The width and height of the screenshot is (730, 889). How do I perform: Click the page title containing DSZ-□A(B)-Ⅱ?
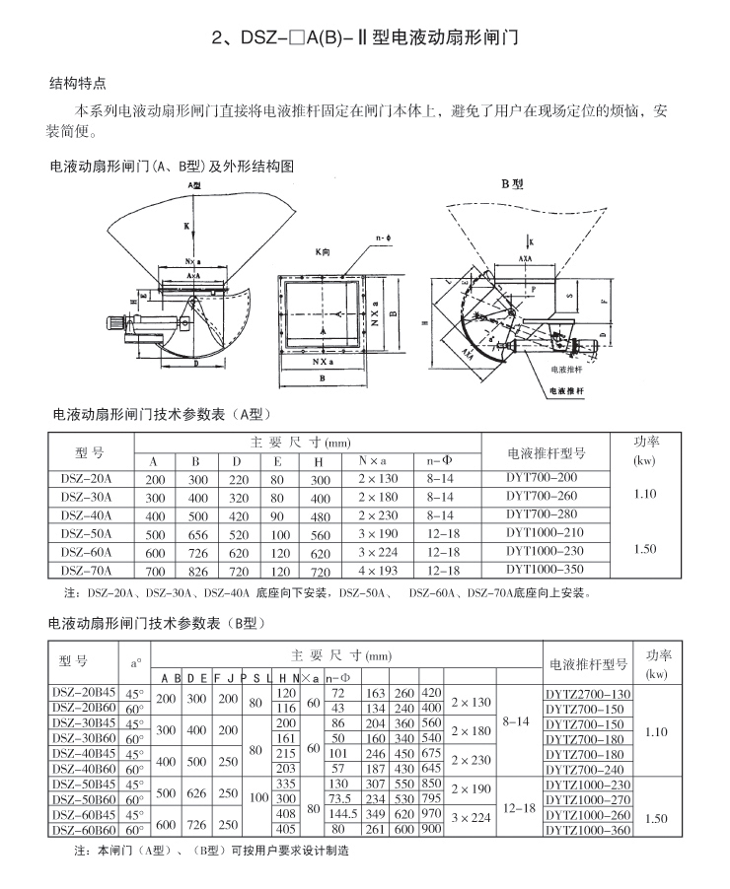click(x=365, y=39)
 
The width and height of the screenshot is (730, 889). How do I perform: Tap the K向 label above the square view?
click(x=327, y=252)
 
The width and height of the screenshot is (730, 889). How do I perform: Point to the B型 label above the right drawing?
click(x=511, y=184)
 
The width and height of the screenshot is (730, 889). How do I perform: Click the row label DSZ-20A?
click(x=87, y=477)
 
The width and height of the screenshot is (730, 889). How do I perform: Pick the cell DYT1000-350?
click(x=545, y=569)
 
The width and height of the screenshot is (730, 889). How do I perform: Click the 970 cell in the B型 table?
click(x=431, y=815)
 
